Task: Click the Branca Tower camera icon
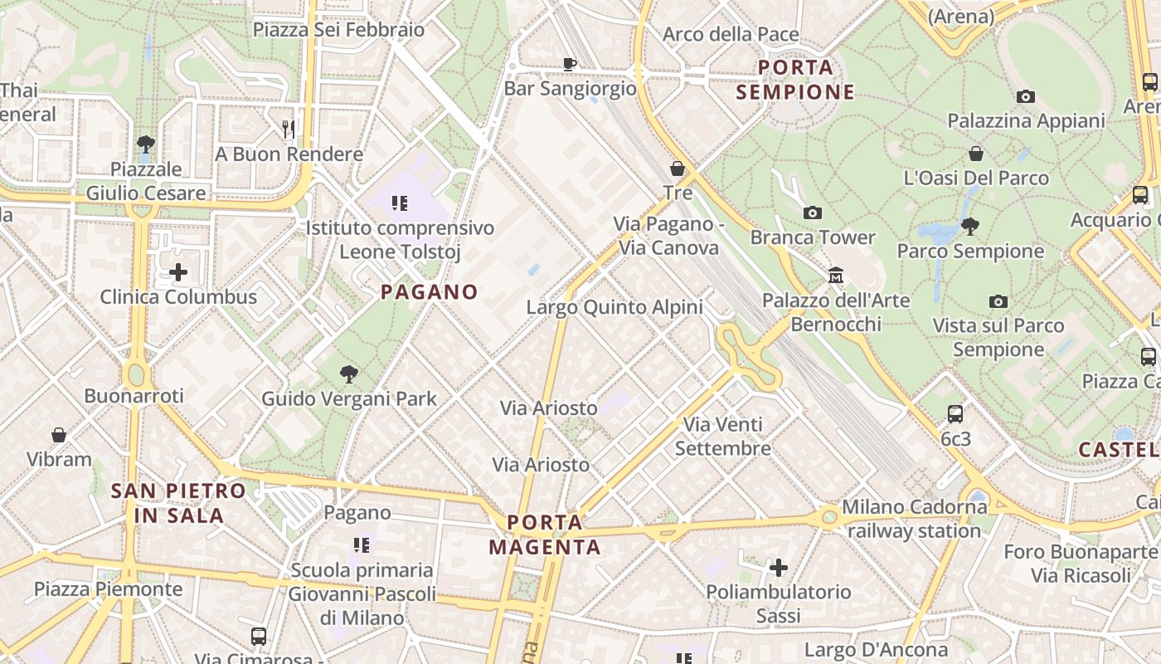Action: (813, 213)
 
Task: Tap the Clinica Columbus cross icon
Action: (178, 272)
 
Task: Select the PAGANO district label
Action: (430, 292)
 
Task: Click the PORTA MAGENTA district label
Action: (545, 535)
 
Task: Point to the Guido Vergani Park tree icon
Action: (349, 374)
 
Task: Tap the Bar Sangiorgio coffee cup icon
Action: (570, 64)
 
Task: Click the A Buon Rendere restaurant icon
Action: (289, 129)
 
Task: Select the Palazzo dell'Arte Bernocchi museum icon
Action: (836, 275)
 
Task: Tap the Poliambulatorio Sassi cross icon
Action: (778, 568)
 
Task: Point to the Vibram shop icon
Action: (59, 435)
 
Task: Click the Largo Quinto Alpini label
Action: (615, 307)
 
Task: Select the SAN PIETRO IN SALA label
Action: (179, 503)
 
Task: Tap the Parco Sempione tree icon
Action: (969, 226)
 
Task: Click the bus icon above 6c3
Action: (955, 413)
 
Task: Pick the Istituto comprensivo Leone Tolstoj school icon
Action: (400, 203)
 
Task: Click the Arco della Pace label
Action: (731, 35)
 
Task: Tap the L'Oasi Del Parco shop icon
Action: (976, 154)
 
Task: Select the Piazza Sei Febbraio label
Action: (338, 30)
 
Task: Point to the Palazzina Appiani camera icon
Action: (1026, 96)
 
